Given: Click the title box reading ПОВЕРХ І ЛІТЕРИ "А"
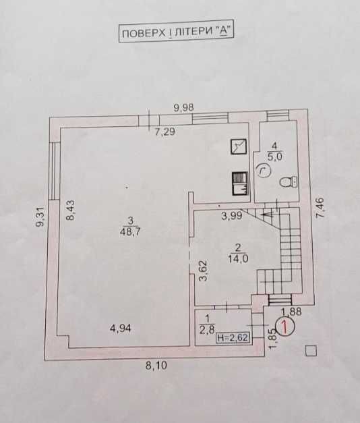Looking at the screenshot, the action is pos(176,34).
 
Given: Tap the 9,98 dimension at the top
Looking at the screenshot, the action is pos(183,108).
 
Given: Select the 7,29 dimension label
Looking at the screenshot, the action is pos(164,132).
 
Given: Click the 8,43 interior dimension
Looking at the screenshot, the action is pos(71,210).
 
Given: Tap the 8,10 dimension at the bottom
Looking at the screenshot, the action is pos(156,366).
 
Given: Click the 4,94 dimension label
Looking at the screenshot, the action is pos(121,329).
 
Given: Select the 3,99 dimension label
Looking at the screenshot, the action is pos(232,216).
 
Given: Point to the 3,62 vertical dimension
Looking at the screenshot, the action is pos(203,271).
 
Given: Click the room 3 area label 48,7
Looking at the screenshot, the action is pos(131,231).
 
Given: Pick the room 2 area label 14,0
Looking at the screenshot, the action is pos(238,258).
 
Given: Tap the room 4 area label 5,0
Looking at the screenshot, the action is pos(275,157).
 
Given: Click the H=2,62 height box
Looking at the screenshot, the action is pos(233,337).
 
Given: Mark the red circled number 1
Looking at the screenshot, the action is pos(285,327).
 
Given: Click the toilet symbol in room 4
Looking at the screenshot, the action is pos(289,182).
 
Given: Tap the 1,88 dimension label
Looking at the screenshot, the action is pos(291,312).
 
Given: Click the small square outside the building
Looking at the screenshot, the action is pos(311,351).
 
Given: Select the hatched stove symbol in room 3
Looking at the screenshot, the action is pos(240,184).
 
